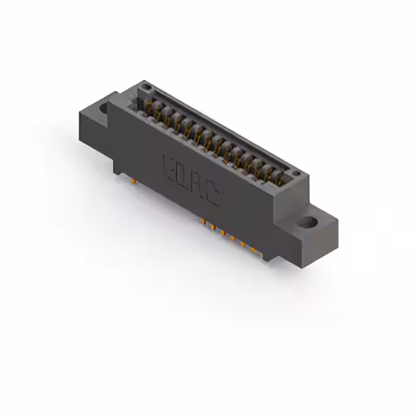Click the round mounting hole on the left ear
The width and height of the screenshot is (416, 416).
pyautogui.click(x=103, y=108)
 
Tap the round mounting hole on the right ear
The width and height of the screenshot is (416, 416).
pyautogui.click(x=309, y=222)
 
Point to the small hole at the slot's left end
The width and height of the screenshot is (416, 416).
pyautogui.click(x=146, y=86)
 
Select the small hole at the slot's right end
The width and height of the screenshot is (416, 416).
pyautogui.click(x=294, y=174)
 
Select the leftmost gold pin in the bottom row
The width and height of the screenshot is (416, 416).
pyautogui.click(x=203, y=222)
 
